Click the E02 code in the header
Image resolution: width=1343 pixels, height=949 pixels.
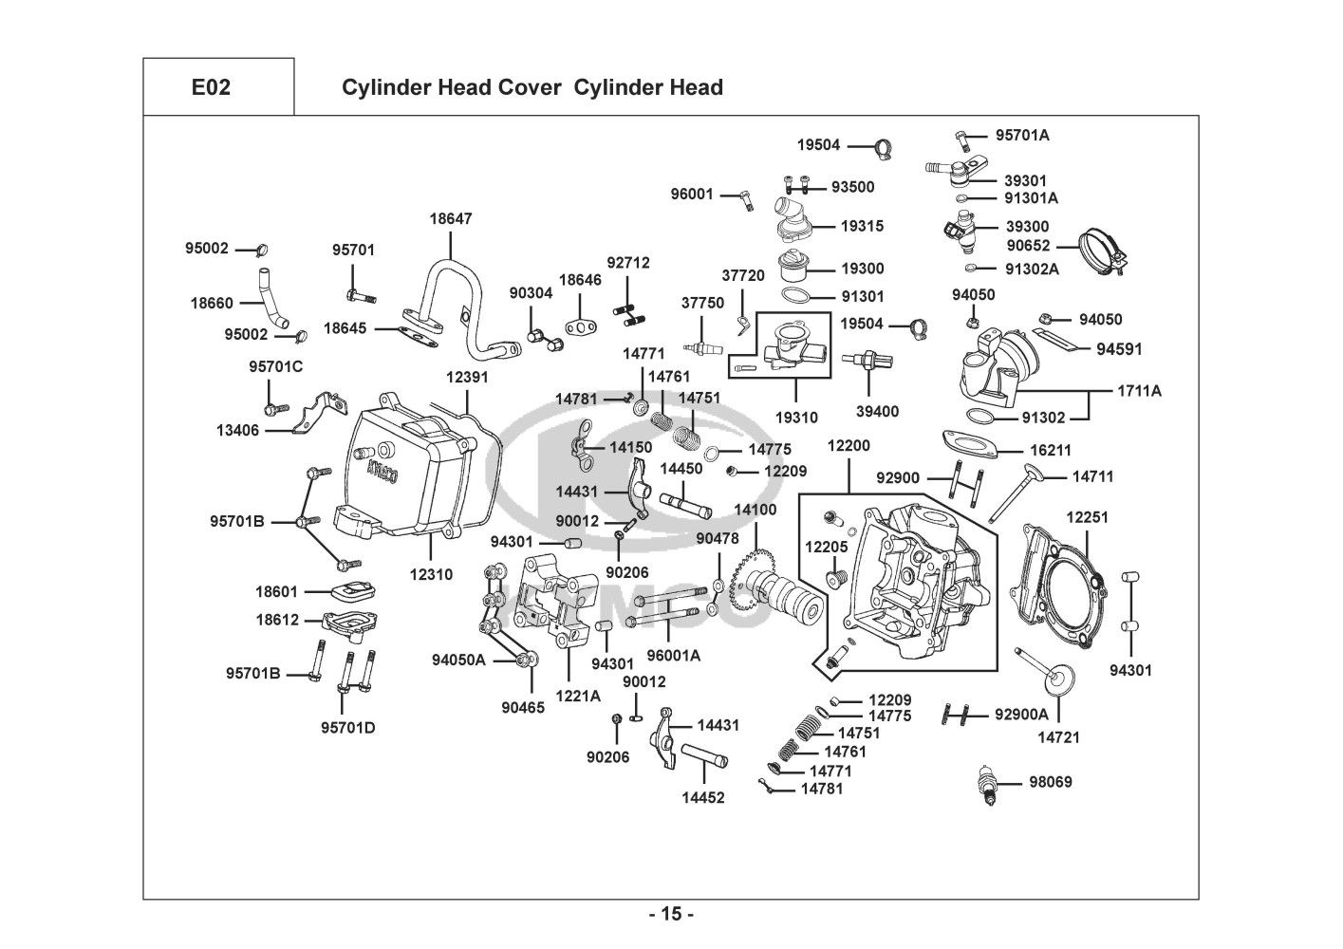tap(211, 87)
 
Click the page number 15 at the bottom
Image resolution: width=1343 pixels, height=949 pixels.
tap(671, 915)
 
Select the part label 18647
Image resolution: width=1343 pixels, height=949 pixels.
tap(450, 218)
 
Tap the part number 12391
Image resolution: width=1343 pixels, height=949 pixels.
tap(467, 377)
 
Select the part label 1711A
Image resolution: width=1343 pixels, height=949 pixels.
tap(1139, 390)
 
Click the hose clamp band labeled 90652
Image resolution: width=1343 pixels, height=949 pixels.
tap(1101, 250)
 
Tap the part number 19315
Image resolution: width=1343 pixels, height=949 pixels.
tap(862, 226)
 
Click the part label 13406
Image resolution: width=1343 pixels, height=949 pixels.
tap(237, 430)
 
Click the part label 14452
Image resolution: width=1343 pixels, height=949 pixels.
tap(702, 797)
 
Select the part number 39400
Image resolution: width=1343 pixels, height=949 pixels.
tap(877, 411)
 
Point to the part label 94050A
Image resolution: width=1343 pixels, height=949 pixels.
tap(458, 660)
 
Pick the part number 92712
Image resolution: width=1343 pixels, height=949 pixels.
tap(628, 263)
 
